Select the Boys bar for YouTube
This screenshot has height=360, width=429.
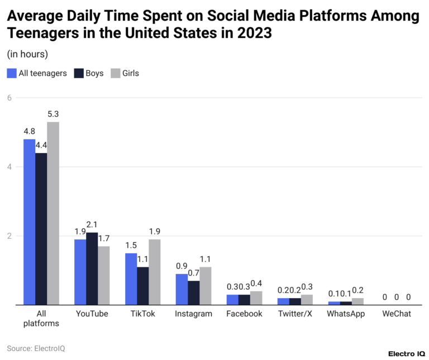click(92, 268)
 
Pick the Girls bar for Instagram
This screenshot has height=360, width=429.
click(206, 286)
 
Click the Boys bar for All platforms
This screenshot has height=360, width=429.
click(41, 229)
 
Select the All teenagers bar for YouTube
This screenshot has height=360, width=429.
click(80, 272)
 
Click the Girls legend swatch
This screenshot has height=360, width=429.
click(116, 73)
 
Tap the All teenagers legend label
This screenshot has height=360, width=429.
click(42, 73)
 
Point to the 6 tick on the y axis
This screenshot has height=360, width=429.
click(9, 98)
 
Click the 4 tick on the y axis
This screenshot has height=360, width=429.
click(9, 167)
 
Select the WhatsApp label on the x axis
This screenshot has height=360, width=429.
click(346, 314)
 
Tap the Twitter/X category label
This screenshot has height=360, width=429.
click(295, 314)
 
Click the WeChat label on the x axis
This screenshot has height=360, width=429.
click(397, 314)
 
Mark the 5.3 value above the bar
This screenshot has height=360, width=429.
click(53, 114)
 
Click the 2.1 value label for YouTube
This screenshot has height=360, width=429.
click(92, 224)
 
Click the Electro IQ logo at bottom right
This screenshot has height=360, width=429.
click(406, 354)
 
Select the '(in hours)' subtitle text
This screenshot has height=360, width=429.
click(27, 54)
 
